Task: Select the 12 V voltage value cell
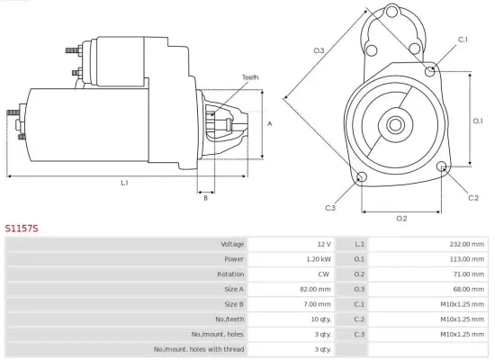pos(323,244)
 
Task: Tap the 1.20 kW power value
pos(319,259)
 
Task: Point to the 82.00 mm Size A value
pos(316,289)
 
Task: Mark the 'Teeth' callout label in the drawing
pos(250,77)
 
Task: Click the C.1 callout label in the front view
pos(463,40)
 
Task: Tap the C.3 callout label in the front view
pos(331,208)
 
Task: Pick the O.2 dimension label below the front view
pos(401,218)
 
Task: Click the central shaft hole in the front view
pos(395,122)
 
